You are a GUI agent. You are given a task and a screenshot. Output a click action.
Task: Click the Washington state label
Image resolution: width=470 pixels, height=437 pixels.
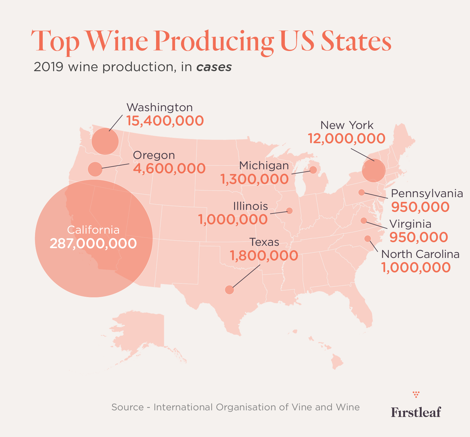tap(160, 107)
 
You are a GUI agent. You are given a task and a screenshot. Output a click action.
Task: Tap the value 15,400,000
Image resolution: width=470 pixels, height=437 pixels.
tap(165, 121)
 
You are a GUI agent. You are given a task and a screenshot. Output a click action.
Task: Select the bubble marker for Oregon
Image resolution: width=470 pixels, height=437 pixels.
tap(95, 169)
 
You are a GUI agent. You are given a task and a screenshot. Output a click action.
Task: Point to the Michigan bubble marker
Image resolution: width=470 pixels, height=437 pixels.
tap(313, 170)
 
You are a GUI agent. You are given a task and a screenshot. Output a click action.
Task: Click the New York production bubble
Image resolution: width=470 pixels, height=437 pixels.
tap(374, 170)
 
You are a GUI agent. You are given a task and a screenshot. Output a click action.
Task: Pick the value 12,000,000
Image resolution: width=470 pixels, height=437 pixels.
tap(347, 138)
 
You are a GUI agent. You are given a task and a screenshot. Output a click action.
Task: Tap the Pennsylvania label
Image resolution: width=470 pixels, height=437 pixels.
tap(427, 194)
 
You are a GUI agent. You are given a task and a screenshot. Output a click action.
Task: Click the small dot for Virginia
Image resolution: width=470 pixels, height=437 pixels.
tap(363, 221)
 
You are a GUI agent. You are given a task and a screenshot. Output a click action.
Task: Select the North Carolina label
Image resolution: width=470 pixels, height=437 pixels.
tap(420, 254)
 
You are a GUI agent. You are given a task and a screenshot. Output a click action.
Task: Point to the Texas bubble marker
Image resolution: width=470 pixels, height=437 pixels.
tap(229, 290)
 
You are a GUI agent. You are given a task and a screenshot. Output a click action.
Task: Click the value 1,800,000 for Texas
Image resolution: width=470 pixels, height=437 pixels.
tap(264, 256)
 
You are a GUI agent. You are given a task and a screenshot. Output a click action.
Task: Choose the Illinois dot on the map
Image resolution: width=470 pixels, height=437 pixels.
tap(290, 211)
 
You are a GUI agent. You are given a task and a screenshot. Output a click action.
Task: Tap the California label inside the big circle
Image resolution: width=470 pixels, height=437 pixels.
tap(93, 230)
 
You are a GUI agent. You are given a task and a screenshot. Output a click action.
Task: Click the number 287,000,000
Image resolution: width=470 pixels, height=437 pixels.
tap(93, 243)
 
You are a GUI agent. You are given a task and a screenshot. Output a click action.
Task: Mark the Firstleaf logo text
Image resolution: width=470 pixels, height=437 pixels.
tap(416, 412)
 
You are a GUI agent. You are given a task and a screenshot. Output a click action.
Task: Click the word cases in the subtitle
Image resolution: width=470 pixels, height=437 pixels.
tap(214, 67)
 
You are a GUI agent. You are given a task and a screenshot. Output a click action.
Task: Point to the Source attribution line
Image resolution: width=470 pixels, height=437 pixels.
tap(235, 407)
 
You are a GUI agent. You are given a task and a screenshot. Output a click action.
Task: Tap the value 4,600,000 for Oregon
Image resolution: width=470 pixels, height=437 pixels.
tap(169, 168)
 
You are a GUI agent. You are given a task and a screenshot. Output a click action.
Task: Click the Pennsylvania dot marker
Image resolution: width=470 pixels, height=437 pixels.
tap(361, 192)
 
